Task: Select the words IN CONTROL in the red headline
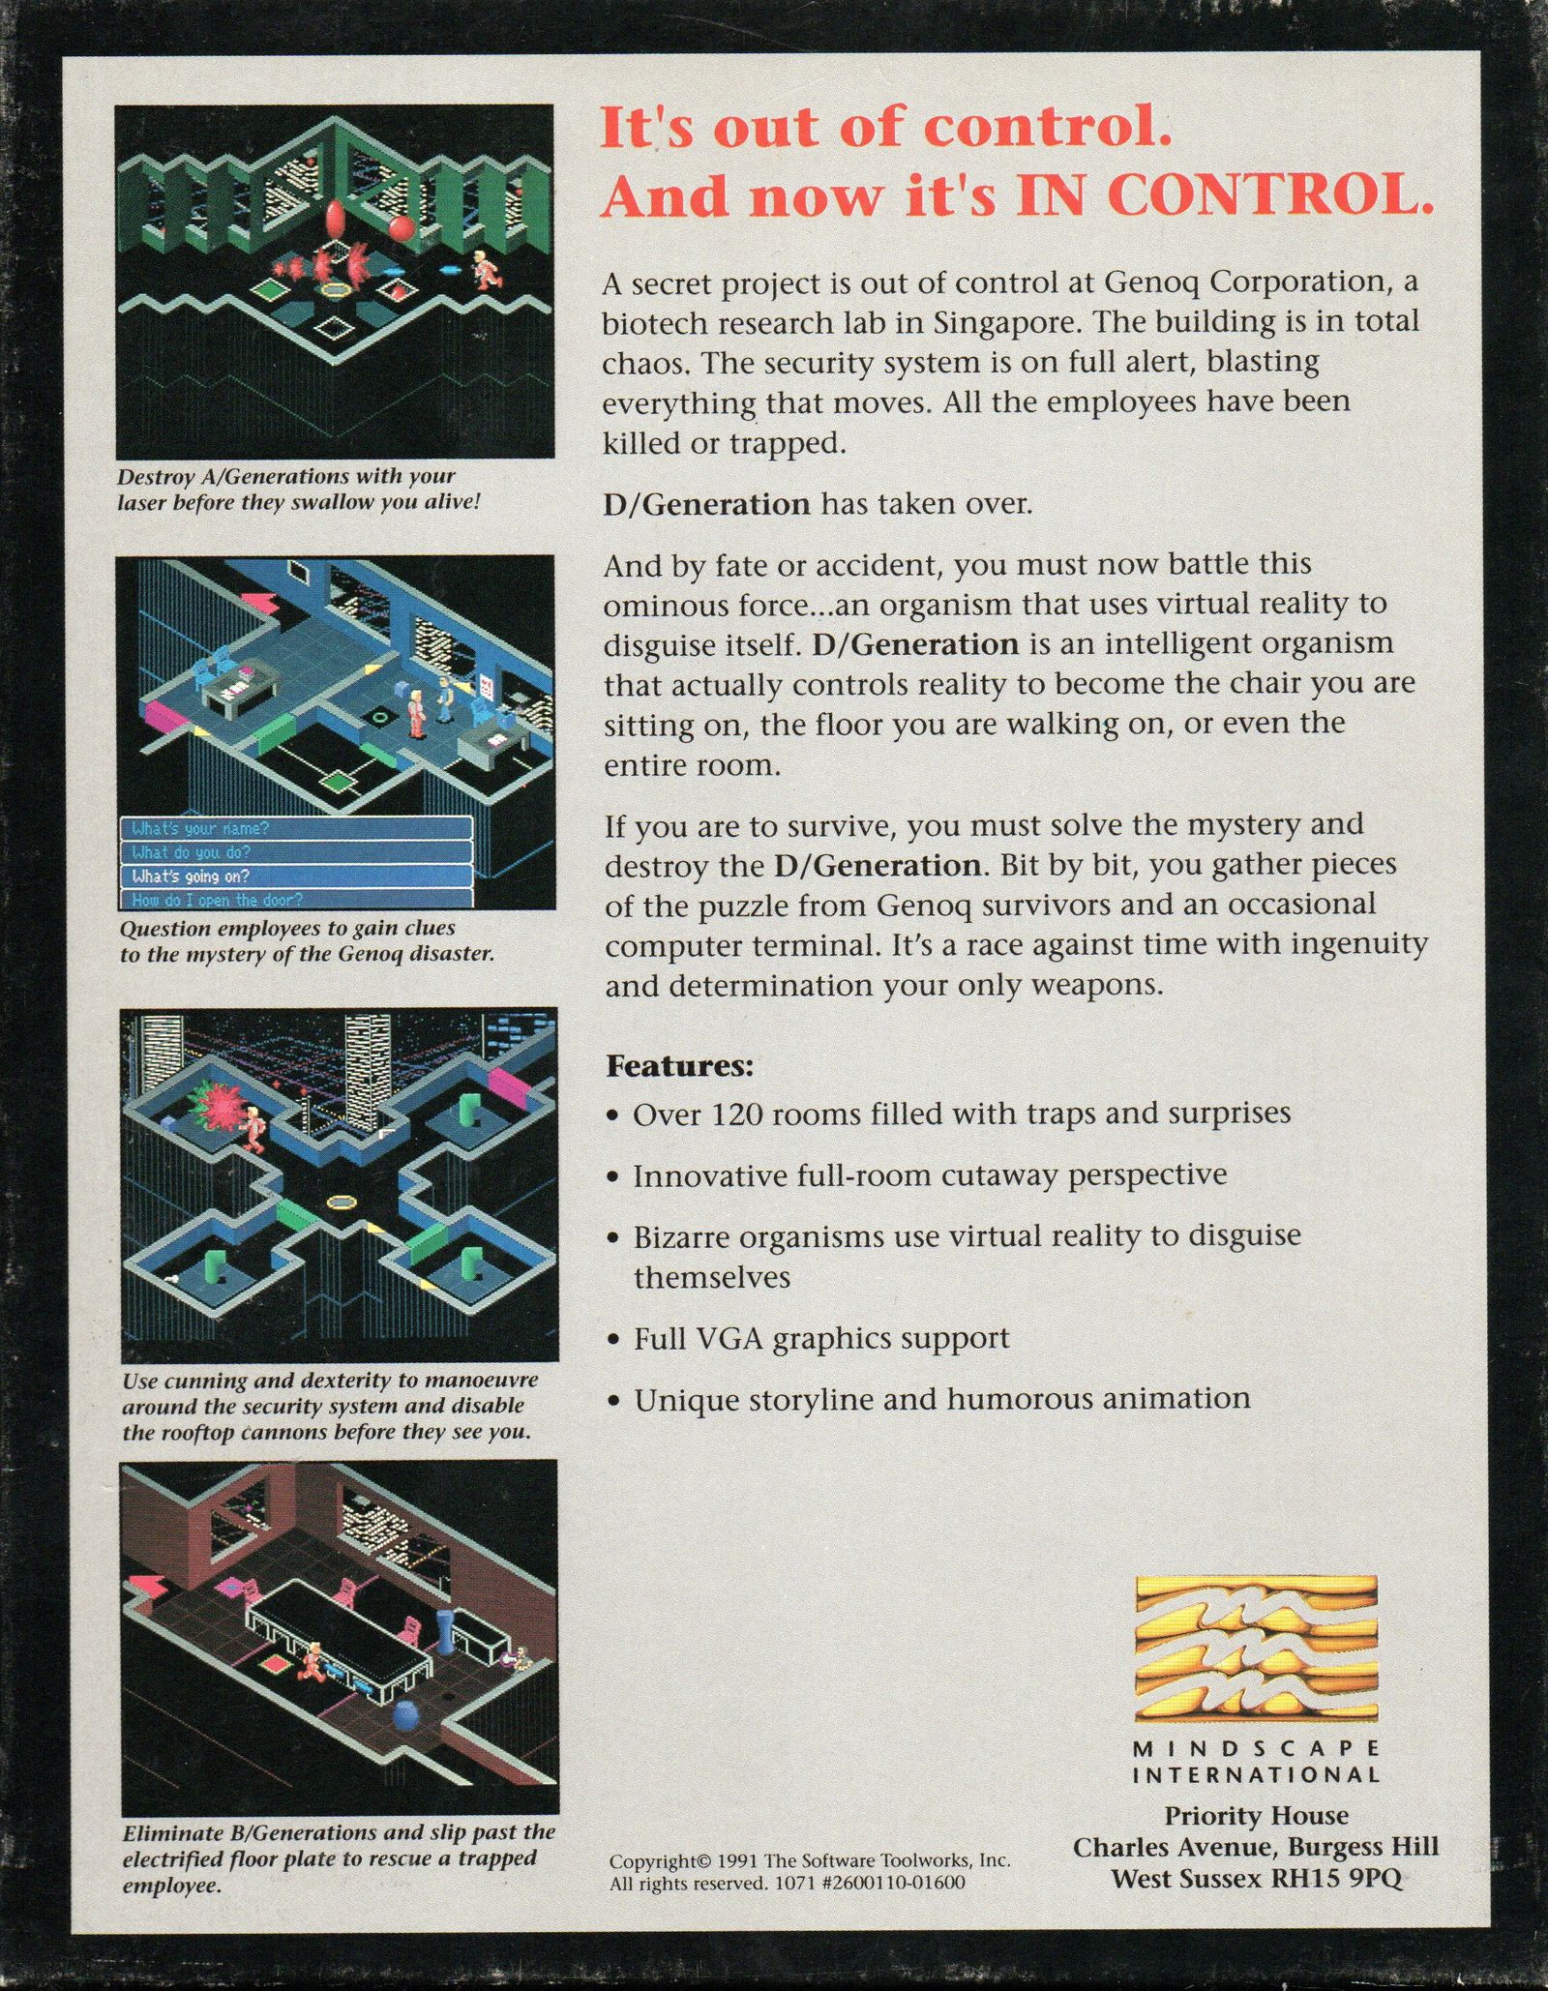[x=1224, y=196]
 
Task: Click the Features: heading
[x=679, y=1066]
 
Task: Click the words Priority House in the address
[x=1256, y=1816]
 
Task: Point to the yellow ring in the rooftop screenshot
[x=342, y=1203]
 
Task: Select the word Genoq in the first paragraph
[x=1151, y=282]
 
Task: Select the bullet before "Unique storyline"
[x=612, y=1401]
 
